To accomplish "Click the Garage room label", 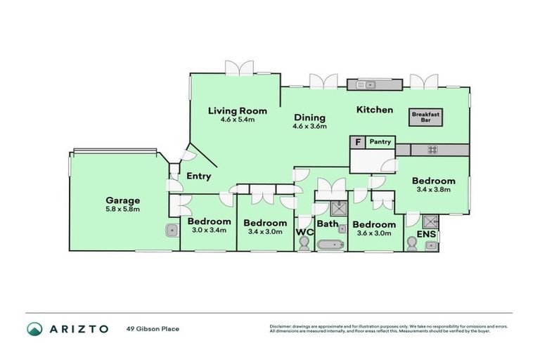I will (122, 200).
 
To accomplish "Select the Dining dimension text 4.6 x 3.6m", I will (309, 127).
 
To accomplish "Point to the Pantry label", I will (380, 142).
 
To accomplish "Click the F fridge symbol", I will (358, 142).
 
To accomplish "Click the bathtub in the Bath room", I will (330, 245).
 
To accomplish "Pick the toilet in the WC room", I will (304, 243).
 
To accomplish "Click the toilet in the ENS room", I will (413, 244).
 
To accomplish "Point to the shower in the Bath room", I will (339, 209).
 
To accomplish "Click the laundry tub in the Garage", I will (171, 229).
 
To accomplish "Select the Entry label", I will (200, 176).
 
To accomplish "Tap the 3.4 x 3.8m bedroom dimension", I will (434, 189).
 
